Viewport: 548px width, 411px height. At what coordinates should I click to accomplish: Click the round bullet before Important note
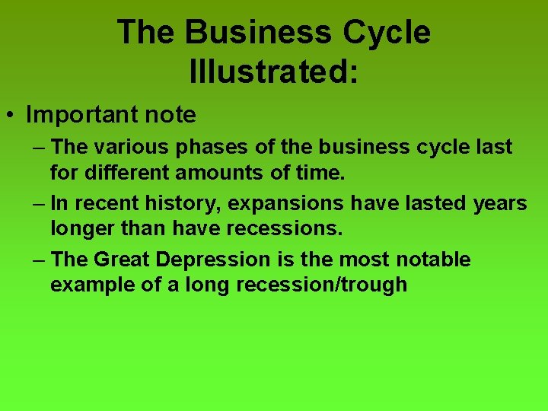tap(11, 116)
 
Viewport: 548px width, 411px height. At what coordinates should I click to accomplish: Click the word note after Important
tap(172, 115)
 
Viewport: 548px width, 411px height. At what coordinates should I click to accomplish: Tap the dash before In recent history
tap(40, 203)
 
